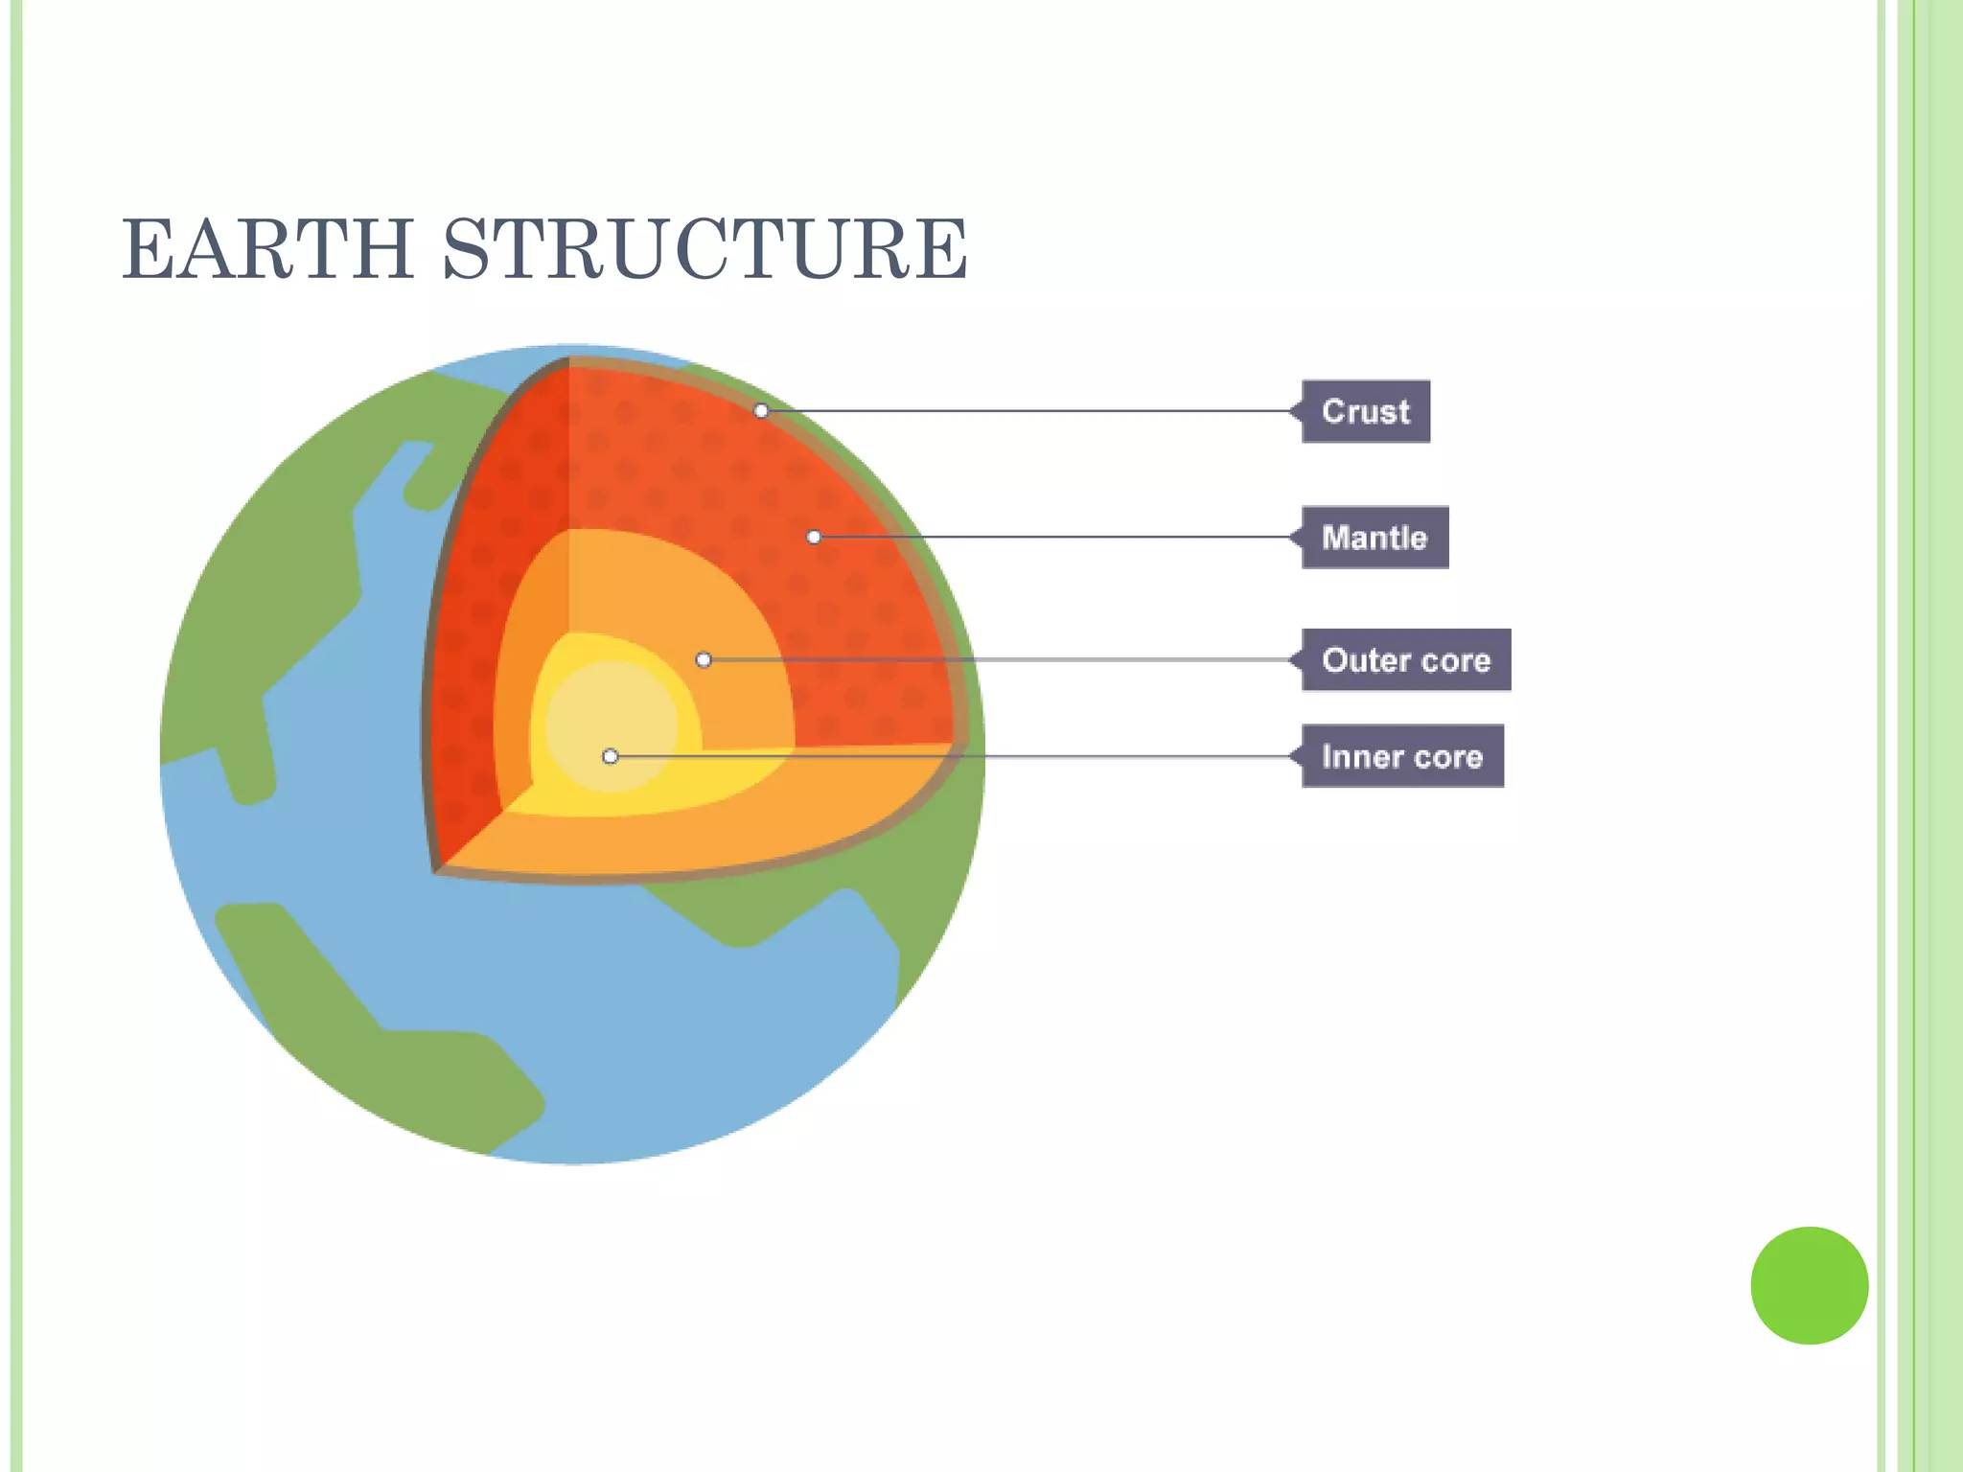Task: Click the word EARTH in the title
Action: pyautogui.click(x=267, y=249)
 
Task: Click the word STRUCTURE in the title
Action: pyautogui.click(x=704, y=249)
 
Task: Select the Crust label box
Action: pyautogui.click(x=1365, y=411)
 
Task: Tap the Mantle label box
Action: pyautogui.click(x=1374, y=538)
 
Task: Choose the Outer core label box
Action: pyautogui.click(x=1406, y=660)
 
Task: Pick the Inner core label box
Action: pyautogui.click(x=1402, y=757)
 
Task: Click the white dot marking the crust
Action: pyautogui.click(x=761, y=411)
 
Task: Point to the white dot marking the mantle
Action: pyautogui.click(x=814, y=538)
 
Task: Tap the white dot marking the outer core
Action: pyautogui.click(x=704, y=660)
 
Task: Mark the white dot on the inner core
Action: pyautogui.click(x=611, y=757)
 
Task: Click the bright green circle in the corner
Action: pyautogui.click(x=1809, y=1285)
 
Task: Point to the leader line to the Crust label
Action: pyautogui.click(x=1026, y=411)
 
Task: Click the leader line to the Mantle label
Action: pyautogui.click(x=1054, y=538)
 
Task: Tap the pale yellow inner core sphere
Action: pyautogui.click(x=599, y=714)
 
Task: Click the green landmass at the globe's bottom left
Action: pyautogui.click(x=383, y=1045)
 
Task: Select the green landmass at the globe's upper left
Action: pyautogui.click(x=278, y=575)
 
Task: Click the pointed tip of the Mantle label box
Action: pyautogui.click(x=1293, y=538)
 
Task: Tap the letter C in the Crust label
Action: pyautogui.click(x=1333, y=411)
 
